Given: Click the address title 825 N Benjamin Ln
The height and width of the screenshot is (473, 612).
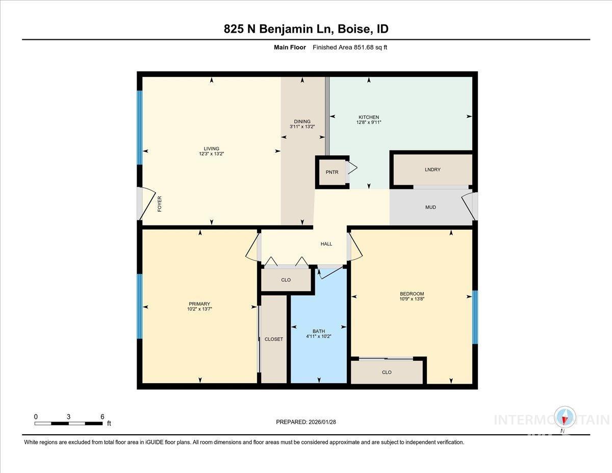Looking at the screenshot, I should (306, 29).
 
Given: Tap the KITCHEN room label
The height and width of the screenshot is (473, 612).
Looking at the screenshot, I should (368, 117).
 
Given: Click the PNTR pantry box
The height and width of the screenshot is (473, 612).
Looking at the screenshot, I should (332, 172).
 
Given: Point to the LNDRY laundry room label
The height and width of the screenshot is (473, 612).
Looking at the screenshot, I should (432, 169).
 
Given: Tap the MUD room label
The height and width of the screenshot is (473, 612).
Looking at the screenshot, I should (430, 207).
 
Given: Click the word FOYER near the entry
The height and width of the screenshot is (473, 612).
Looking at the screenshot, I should (159, 204).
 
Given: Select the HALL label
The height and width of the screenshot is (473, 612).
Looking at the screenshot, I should (326, 244).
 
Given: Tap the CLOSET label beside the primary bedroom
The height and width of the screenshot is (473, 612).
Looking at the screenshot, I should (274, 339).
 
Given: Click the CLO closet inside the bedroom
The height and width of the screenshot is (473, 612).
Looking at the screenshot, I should (387, 372).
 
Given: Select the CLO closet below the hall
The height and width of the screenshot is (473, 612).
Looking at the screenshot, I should (286, 280).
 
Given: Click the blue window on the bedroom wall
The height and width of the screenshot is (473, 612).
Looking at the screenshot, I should (474, 317).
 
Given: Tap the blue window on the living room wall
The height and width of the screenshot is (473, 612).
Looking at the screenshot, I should (139, 128).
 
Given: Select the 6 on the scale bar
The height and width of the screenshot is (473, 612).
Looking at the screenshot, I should (103, 416).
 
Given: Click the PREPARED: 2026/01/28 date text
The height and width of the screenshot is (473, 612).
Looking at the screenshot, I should (306, 422).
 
